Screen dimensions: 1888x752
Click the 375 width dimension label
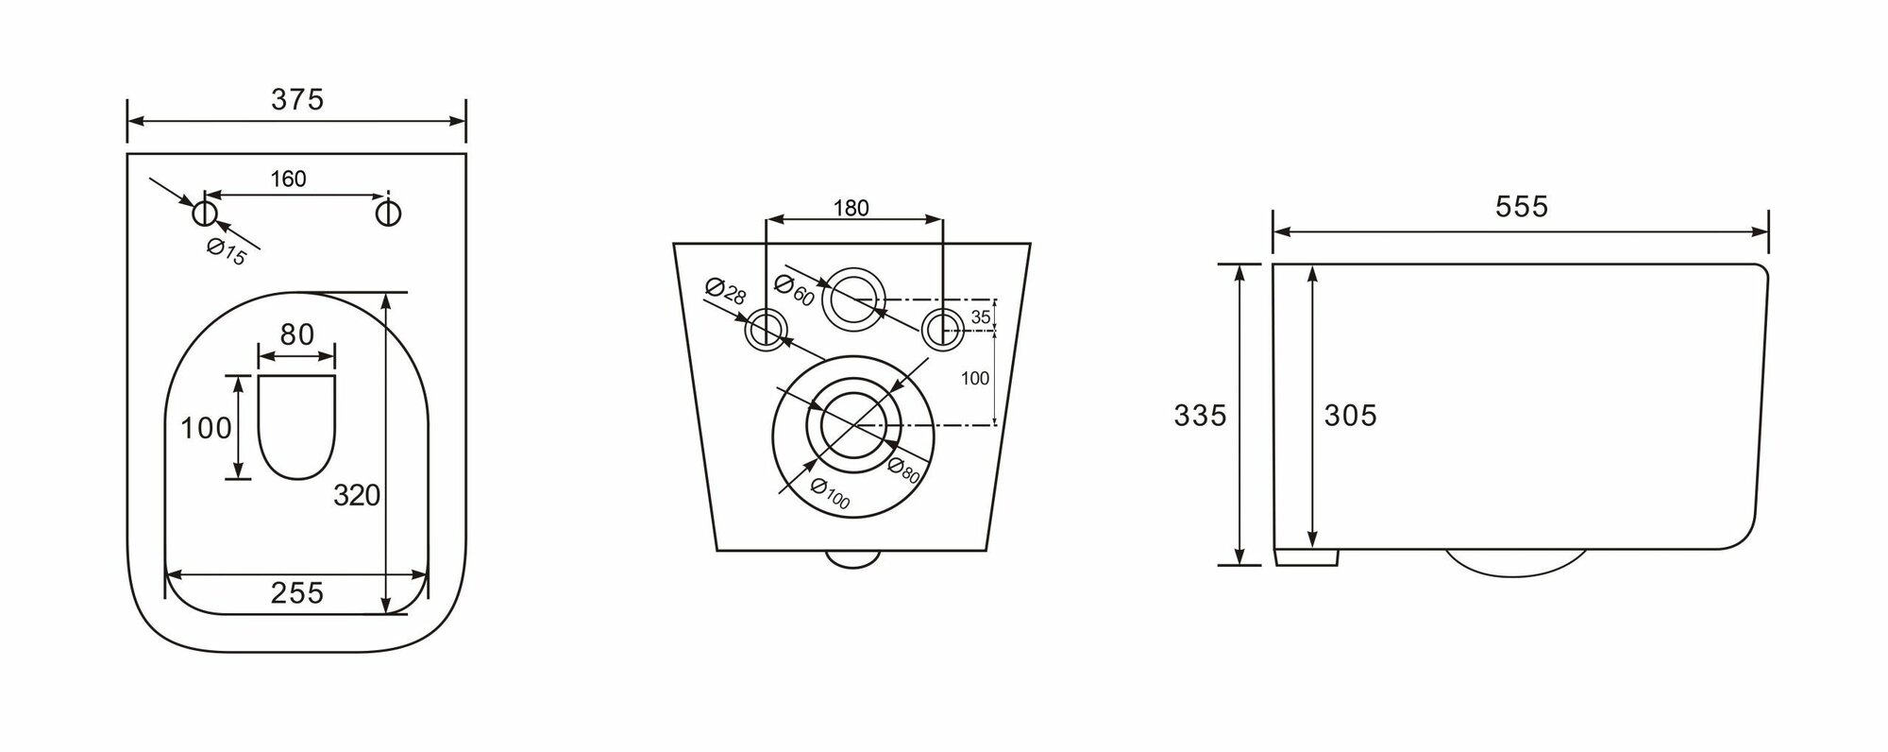(297, 98)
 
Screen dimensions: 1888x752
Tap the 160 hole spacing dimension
(288, 179)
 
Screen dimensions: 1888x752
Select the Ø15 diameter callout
(227, 252)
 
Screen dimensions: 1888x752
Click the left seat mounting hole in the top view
(205, 213)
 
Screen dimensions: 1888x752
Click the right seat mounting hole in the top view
(388, 213)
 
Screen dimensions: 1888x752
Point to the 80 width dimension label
(296, 334)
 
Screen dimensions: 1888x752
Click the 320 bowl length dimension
(358, 494)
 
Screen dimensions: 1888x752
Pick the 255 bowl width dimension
(296, 592)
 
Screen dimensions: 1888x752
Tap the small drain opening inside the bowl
(296, 425)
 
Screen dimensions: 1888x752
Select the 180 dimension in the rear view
(851, 208)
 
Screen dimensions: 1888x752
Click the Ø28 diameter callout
(726, 292)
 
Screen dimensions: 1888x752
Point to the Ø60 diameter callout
(794, 288)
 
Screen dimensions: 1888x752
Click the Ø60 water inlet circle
(855, 301)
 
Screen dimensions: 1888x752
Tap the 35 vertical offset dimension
(981, 317)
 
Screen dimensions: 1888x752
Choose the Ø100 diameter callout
(830, 494)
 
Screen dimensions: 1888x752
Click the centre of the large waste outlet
(855, 425)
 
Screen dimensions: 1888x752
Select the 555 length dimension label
(1522, 207)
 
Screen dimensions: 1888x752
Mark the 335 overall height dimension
(1200, 415)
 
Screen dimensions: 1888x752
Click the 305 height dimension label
(1350, 415)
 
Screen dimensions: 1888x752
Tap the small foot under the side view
(1306, 557)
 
